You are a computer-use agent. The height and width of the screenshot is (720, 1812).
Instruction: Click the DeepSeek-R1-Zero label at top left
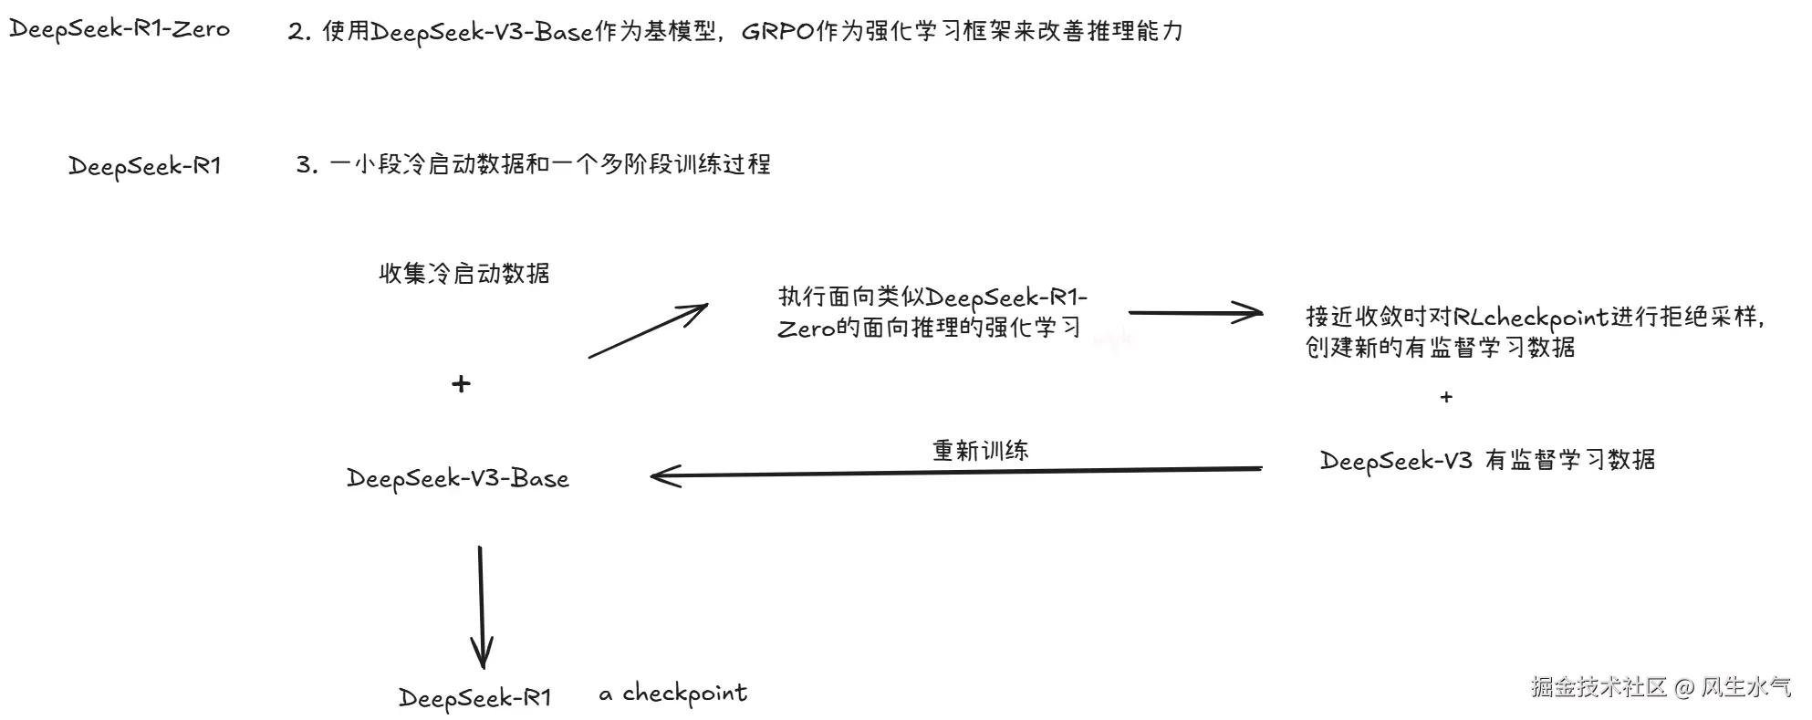coord(120,29)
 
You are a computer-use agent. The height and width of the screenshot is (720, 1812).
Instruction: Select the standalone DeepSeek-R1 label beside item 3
coord(145,166)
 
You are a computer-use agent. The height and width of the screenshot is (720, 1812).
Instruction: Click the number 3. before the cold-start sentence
coord(307,165)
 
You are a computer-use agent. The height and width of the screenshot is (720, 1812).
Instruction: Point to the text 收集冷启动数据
coord(464,274)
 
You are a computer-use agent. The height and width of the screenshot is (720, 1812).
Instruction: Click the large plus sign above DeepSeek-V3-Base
coord(461,384)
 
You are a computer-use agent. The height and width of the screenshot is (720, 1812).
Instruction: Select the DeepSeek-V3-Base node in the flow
coord(458,479)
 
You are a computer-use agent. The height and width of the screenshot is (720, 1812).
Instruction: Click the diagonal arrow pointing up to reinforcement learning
coord(648,330)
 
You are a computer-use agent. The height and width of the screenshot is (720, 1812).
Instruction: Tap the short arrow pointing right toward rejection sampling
coord(1195,313)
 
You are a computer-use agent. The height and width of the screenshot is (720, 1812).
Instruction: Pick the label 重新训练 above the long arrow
coord(981,450)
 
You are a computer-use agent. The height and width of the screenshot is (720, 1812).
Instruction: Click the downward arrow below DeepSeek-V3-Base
coord(481,607)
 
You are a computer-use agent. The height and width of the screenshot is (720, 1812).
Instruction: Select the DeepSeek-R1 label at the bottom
coord(475,698)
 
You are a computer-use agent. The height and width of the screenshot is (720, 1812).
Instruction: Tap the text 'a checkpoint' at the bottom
coord(673,694)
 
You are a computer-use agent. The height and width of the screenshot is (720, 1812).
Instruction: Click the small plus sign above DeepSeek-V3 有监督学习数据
coord(1446,397)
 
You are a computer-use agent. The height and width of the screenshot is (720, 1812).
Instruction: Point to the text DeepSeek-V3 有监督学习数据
coord(1487,460)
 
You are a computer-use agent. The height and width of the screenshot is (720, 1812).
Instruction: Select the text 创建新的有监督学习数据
coord(1441,348)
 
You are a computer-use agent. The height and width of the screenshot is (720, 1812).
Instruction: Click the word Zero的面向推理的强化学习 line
coord(929,328)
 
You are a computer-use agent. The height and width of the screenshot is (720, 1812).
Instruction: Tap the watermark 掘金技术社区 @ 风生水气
coord(1661,687)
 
